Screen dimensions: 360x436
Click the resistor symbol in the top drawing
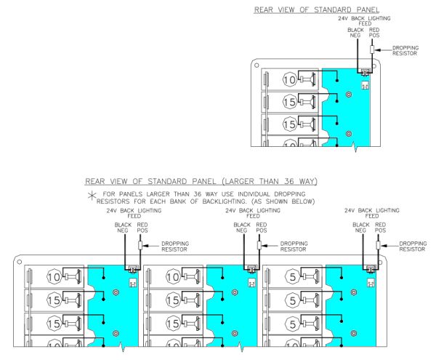(371, 49)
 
